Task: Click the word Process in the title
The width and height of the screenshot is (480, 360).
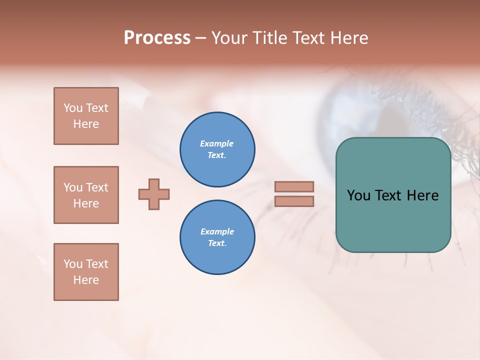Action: click(x=157, y=38)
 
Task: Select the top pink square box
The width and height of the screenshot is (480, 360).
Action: click(x=86, y=116)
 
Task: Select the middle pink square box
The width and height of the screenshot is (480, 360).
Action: click(x=86, y=195)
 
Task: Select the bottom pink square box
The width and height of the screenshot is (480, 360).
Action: click(x=86, y=272)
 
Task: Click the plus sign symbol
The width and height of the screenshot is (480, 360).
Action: click(x=154, y=194)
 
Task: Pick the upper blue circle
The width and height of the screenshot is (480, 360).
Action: click(x=217, y=149)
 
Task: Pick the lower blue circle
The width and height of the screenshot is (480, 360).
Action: click(x=217, y=237)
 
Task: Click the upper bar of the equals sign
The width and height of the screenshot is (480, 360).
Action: click(x=294, y=186)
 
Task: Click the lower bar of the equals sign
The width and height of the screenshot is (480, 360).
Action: click(x=294, y=201)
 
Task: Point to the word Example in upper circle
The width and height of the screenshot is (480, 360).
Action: click(x=217, y=143)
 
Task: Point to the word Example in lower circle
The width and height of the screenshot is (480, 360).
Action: click(x=217, y=231)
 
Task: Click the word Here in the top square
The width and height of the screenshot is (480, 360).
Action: click(x=86, y=124)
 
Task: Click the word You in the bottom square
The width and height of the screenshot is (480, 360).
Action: click(x=73, y=264)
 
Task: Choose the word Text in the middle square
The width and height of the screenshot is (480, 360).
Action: click(x=97, y=187)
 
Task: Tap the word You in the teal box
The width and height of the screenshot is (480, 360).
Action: click(x=358, y=195)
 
